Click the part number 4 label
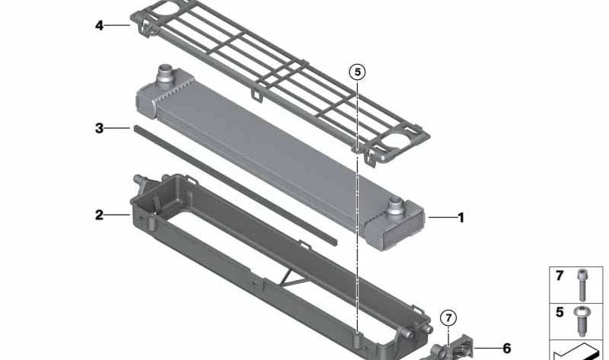99,25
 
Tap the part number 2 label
99,215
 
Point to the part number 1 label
460,218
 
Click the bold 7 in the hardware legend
560,276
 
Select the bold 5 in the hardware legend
560,311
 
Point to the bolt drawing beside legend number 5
582,319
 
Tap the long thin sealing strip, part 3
228,183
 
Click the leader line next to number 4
117,25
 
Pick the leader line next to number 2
117,215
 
